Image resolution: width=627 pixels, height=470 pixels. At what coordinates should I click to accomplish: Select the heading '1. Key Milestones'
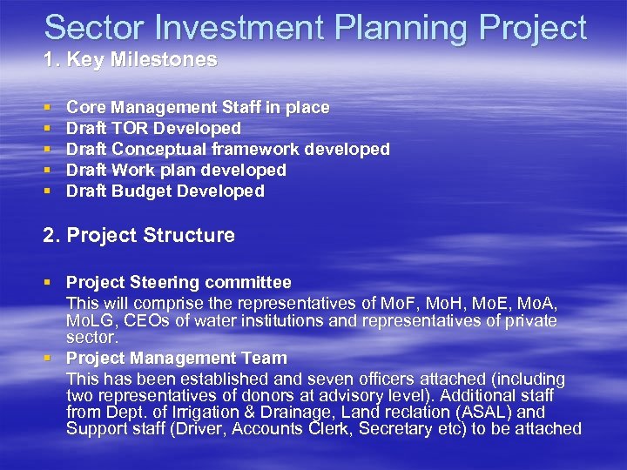coord(130,61)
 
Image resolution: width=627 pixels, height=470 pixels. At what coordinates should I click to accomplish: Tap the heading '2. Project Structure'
coord(139,235)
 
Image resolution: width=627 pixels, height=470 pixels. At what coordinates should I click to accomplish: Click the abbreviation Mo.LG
coord(90,321)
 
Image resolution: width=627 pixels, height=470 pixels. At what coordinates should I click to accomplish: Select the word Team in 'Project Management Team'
coord(266,359)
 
